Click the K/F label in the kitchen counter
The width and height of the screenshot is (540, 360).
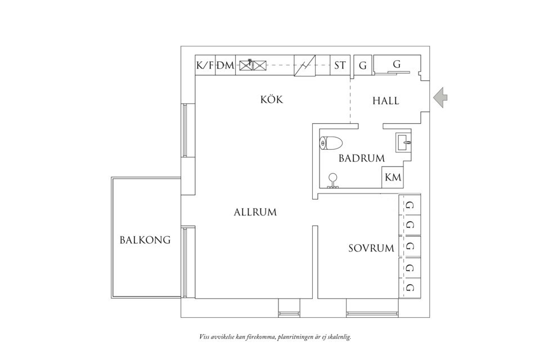point(205,65)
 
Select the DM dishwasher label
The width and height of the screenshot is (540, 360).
point(226,65)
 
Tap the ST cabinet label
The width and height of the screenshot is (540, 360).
point(340,65)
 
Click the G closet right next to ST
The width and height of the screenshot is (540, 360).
point(363,66)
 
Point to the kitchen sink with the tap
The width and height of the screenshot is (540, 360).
point(246,65)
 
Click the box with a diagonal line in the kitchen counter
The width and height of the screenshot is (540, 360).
point(304,65)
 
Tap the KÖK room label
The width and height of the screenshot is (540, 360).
point(271,100)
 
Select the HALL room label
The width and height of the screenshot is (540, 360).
point(386,101)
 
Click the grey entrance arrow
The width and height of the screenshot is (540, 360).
point(440,97)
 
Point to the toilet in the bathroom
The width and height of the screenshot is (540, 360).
point(331,143)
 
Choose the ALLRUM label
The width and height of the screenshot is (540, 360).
point(255,213)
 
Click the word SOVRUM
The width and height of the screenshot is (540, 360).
point(371,249)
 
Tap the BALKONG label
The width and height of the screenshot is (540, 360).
point(145,240)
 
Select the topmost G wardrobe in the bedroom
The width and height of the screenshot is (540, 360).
point(409,205)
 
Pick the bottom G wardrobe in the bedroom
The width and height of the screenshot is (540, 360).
point(409,288)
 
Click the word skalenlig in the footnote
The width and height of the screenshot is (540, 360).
point(336,337)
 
